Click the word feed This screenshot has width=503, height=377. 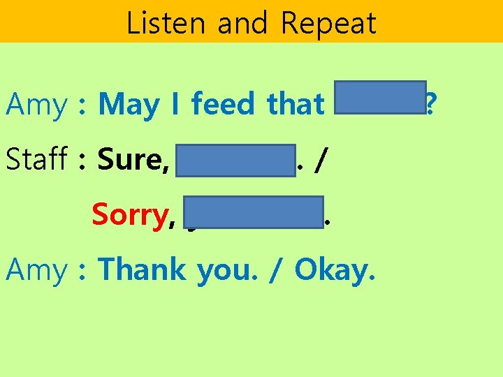click(x=223, y=105)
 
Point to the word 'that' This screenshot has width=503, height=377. click(x=296, y=105)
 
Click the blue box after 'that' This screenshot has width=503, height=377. click(x=380, y=97)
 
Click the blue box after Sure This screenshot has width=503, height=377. click(x=235, y=161)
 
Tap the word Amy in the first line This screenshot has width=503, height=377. click(x=35, y=105)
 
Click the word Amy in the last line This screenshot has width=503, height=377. click(x=35, y=269)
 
